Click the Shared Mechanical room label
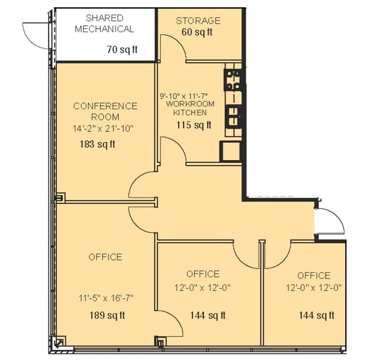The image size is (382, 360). pyautogui.click(x=104, y=23)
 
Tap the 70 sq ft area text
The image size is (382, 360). pyautogui.click(x=122, y=49)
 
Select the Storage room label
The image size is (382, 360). pyautogui.click(x=198, y=21)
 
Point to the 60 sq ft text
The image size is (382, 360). pyautogui.click(x=197, y=32)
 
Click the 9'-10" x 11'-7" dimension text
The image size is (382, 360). pyautogui.click(x=183, y=96)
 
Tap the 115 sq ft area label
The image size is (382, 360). pyautogui.click(x=194, y=125)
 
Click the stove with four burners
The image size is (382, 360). pyautogui.click(x=232, y=80)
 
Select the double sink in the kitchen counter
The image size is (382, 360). pyautogui.click(x=233, y=117)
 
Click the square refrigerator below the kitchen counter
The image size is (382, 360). pyautogui.click(x=230, y=151)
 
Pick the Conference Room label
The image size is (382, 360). pyautogui.click(x=105, y=111)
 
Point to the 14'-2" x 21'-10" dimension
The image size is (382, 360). pyautogui.click(x=103, y=128)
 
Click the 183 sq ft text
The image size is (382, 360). pyautogui.click(x=97, y=144)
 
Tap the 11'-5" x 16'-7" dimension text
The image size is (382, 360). pyautogui.click(x=106, y=298)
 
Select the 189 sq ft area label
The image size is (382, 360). pyautogui.click(x=107, y=315)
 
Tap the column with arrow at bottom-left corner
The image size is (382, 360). pyautogui.click(x=60, y=342)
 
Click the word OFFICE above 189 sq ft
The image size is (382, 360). pyautogui.click(x=105, y=257)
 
